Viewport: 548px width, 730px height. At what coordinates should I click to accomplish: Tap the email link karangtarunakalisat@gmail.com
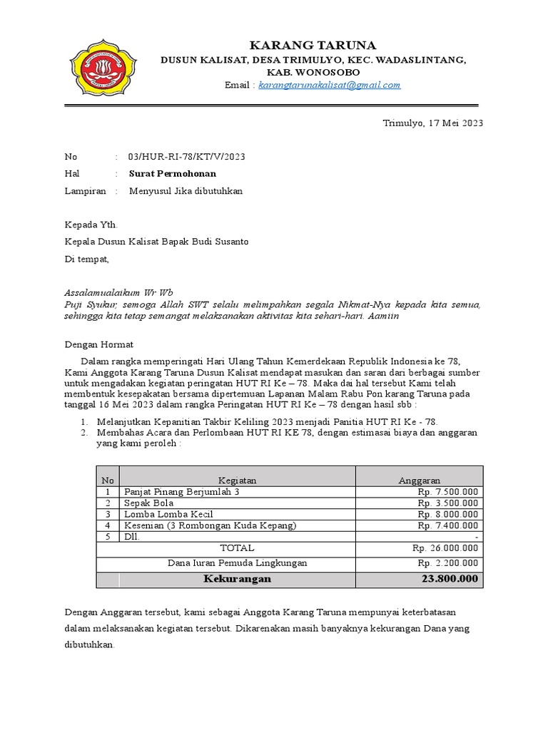click(x=329, y=85)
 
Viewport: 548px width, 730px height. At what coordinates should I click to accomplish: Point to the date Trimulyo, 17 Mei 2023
click(x=433, y=123)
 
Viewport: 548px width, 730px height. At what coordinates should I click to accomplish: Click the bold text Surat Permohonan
click(x=172, y=173)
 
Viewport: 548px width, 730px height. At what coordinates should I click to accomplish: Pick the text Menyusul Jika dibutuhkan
click(x=186, y=190)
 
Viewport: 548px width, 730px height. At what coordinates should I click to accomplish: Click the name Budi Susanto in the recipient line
click(x=220, y=242)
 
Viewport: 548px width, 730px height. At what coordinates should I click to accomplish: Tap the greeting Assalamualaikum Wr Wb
click(x=118, y=292)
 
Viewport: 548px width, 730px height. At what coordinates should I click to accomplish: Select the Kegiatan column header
click(x=237, y=480)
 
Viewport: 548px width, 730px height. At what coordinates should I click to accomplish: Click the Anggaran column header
click(x=419, y=480)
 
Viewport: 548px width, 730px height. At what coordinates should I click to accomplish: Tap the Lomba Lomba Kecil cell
click(x=168, y=514)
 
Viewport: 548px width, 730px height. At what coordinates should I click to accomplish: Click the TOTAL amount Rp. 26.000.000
click(x=445, y=548)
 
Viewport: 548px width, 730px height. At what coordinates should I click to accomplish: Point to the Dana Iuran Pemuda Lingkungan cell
click(x=237, y=562)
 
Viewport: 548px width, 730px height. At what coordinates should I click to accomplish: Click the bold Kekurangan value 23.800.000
click(x=449, y=578)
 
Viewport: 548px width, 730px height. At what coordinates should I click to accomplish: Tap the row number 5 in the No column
click(x=108, y=536)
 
